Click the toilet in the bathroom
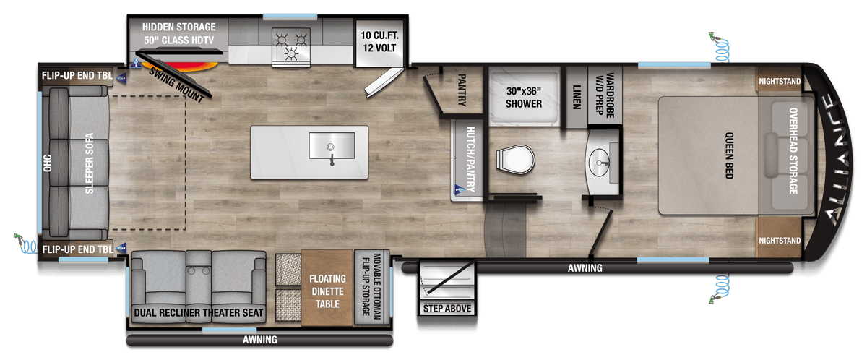click(516, 160)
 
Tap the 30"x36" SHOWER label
click(524, 98)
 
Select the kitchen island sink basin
click(332, 145)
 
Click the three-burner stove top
click(291, 46)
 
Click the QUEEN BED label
click(729, 155)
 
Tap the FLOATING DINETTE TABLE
click(327, 288)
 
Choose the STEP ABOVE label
click(447, 309)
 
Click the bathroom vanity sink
click(599, 163)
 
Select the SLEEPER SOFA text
click(90, 163)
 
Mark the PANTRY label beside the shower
click(462, 90)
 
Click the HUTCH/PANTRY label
click(470, 160)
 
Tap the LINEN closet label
click(577, 97)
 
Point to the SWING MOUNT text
click(176, 85)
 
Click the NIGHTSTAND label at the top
click(780, 81)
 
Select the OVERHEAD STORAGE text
click(793, 151)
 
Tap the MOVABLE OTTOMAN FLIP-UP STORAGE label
click(371, 287)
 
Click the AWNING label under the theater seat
click(259, 340)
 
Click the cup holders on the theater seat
click(199, 271)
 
